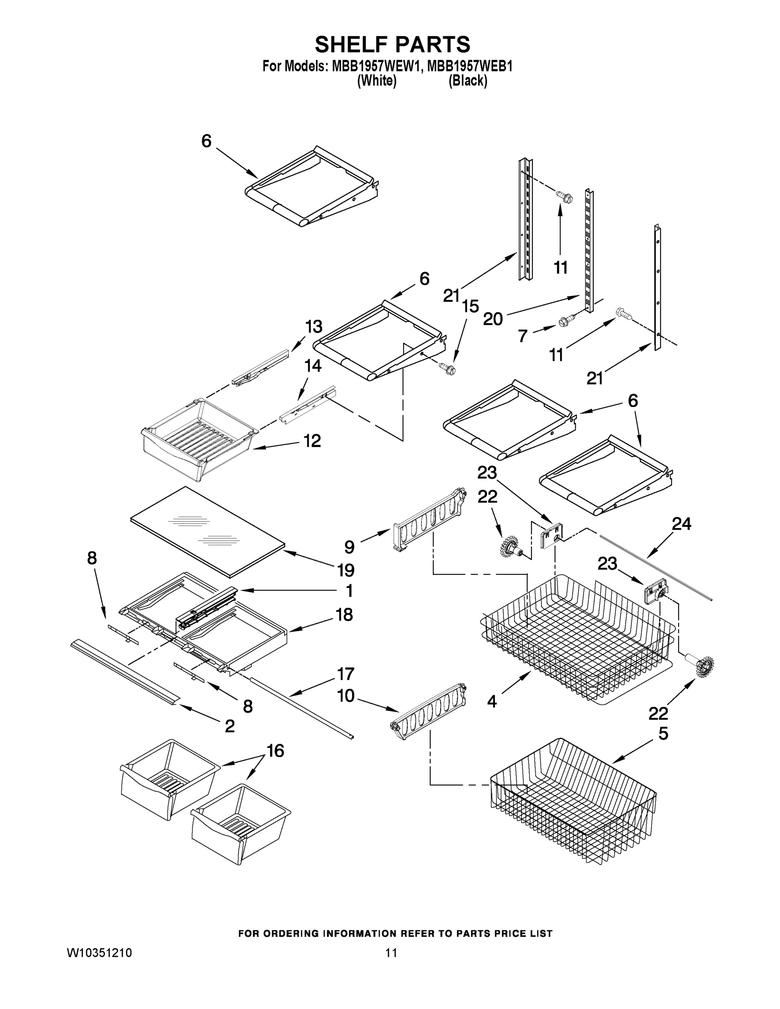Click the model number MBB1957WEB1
click(x=470, y=66)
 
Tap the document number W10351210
click(x=99, y=953)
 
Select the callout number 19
click(x=346, y=570)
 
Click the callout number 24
click(x=681, y=523)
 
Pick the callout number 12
click(x=312, y=440)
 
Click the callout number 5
click(x=663, y=733)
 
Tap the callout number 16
click(x=275, y=751)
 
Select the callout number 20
click(x=492, y=319)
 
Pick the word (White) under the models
click(x=377, y=81)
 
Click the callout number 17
click(x=345, y=674)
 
